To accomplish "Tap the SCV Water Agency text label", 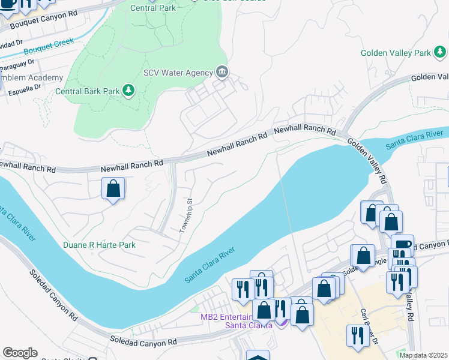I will click(x=178, y=73).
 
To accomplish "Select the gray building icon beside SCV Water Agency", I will click(x=222, y=73).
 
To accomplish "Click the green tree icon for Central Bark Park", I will click(x=128, y=91).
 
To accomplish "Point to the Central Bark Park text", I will click(x=88, y=92).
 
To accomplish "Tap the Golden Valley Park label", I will click(x=395, y=53).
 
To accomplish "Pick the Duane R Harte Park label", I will click(x=99, y=245).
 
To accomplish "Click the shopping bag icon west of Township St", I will click(x=113, y=190).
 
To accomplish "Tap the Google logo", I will click(x=20, y=353).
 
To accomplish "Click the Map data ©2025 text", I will click(x=423, y=355).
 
